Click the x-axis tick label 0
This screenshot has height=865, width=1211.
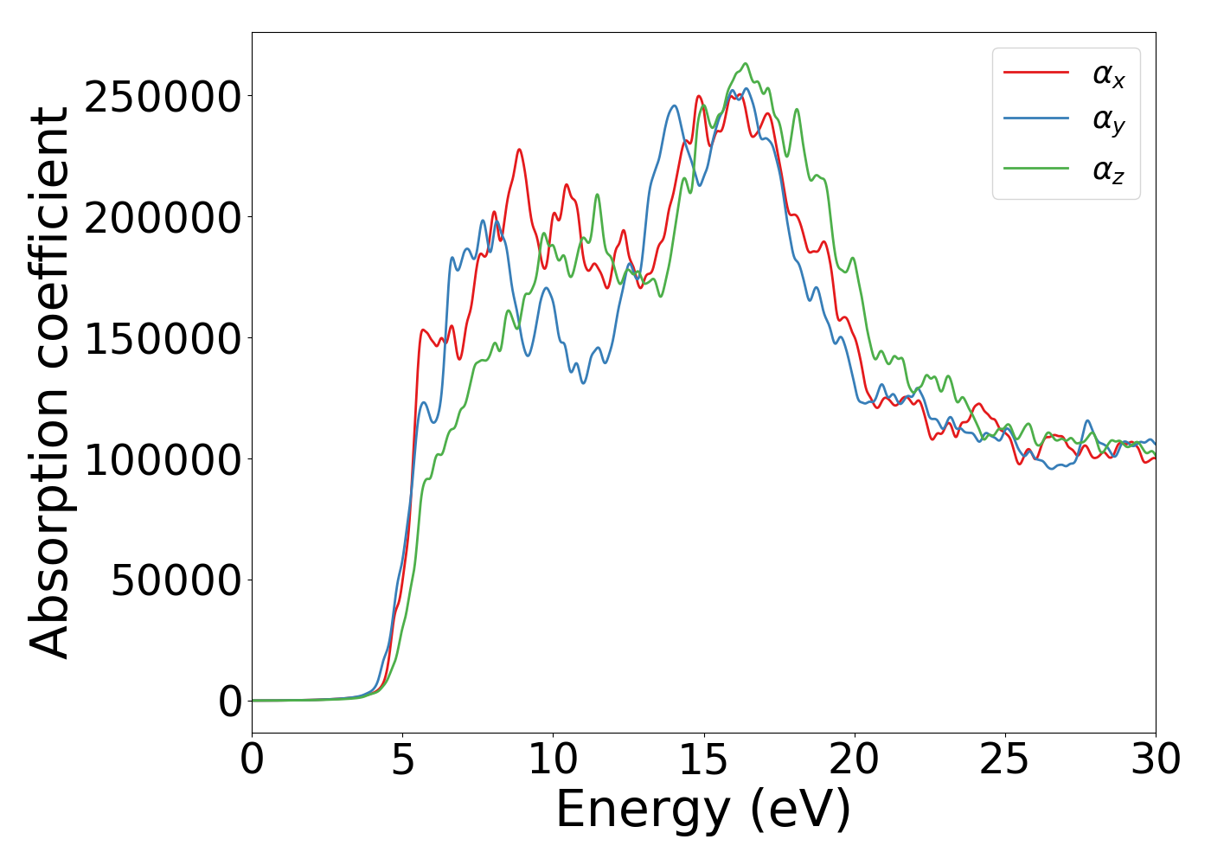pos(252,759)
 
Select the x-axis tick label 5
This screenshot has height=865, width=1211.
pos(402,759)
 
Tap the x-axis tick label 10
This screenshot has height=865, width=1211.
pos(553,759)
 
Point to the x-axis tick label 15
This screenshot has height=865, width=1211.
pos(703,759)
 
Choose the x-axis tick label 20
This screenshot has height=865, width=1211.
pos(854,759)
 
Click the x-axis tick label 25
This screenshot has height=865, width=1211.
pos(1004,759)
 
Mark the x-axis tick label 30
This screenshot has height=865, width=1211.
pos(1155,759)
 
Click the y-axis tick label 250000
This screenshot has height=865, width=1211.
pos(163,97)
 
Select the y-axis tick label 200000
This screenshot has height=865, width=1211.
pos(163,218)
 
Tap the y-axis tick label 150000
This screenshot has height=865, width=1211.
pos(163,339)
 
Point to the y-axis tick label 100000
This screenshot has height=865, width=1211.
pos(163,459)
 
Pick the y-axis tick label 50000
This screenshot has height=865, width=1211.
pos(176,580)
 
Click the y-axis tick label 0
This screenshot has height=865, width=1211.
pos(230,702)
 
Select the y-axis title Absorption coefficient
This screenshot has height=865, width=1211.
pos(49,382)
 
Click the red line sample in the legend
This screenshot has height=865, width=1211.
pos(1035,73)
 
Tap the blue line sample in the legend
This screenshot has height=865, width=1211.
pos(1035,120)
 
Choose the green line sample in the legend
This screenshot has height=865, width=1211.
pos(1035,168)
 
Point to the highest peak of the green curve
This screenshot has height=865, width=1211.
pos(746,63)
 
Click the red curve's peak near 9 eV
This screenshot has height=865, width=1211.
pos(519,150)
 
